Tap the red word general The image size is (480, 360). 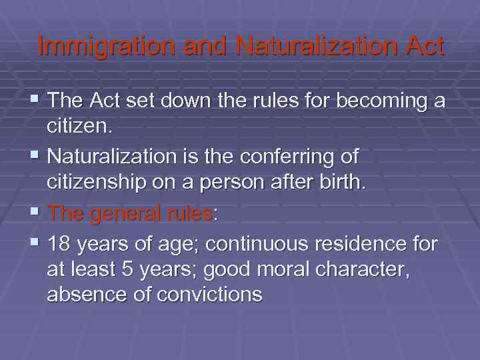127,214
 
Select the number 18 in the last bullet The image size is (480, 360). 61,245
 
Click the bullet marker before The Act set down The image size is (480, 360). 35,101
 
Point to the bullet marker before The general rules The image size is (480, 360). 35,213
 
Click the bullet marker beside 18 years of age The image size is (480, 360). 35,244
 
